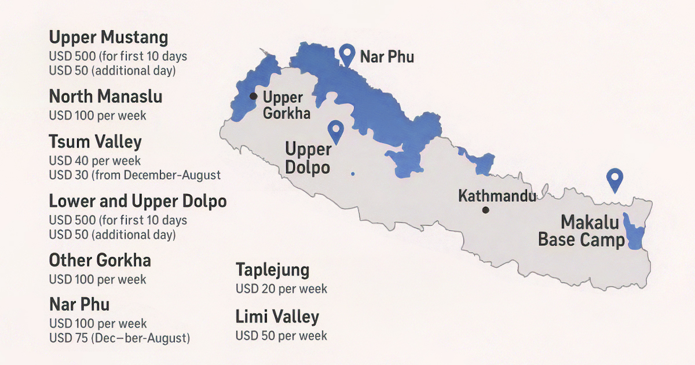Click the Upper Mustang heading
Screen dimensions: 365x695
(x=108, y=38)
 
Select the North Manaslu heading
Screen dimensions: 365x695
(x=105, y=96)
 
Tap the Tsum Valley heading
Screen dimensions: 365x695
(x=95, y=142)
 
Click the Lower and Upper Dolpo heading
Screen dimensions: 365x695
(x=137, y=201)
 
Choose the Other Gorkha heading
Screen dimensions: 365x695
(x=100, y=260)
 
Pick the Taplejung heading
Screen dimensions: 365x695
(x=272, y=270)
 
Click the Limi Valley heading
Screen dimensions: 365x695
(x=277, y=317)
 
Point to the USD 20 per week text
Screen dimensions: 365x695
(x=281, y=289)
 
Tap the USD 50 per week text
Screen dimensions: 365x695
(x=281, y=335)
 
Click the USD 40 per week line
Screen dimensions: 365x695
(x=94, y=160)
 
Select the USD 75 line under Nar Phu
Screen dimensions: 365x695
(x=119, y=338)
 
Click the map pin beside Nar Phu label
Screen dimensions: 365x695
(x=347, y=54)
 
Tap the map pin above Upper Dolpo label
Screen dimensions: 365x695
(x=335, y=132)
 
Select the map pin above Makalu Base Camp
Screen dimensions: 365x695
(x=614, y=179)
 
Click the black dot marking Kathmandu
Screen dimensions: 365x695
(x=485, y=210)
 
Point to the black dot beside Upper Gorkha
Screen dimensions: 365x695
(x=253, y=96)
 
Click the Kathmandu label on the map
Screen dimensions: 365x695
(x=497, y=196)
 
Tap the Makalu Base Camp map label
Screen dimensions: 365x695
(x=581, y=231)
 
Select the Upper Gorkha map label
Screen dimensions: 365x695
(x=286, y=105)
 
